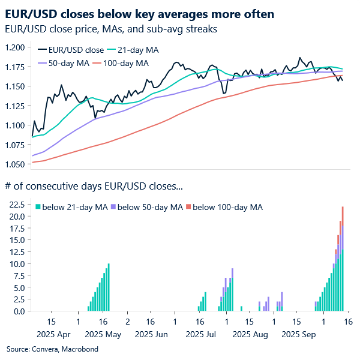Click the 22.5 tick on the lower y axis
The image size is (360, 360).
click(x=16, y=205)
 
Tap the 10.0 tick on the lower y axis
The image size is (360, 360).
click(x=16, y=264)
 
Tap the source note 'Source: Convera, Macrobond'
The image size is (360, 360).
click(x=52, y=349)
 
